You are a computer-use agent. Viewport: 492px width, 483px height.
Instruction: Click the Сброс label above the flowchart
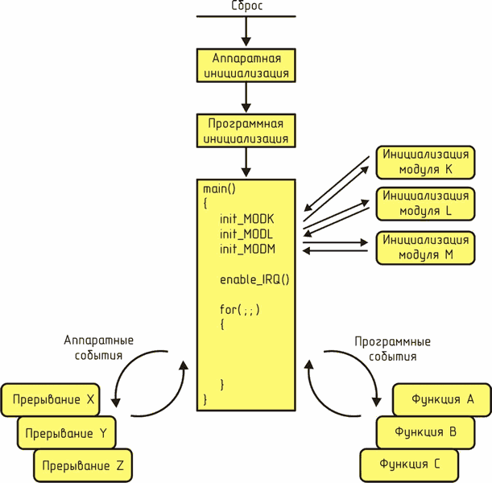[246, 6]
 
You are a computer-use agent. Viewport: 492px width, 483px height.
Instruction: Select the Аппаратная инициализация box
[246, 65]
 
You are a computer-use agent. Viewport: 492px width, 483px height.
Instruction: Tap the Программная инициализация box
[246, 130]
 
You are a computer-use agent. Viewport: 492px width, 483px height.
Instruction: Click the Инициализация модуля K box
[425, 163]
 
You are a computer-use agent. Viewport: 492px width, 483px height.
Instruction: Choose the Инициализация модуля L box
[425, 204]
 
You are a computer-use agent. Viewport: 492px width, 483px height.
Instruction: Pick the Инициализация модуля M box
[425, 248]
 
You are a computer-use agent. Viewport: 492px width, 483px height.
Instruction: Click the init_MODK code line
[246, 219]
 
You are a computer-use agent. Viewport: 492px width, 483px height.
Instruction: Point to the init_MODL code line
[246, 234]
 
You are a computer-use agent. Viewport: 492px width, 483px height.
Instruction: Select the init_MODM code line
[247, 249]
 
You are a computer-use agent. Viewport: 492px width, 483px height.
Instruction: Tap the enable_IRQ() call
[254, 279]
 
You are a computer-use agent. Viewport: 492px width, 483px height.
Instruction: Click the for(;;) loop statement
[240, 310]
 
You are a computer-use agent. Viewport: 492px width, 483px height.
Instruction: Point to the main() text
[219, 189]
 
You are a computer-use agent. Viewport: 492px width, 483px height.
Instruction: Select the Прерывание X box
[51, 400]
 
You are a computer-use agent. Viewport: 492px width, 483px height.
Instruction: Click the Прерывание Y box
[67, 433]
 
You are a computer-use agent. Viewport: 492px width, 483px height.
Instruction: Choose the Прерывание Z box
[83, 465]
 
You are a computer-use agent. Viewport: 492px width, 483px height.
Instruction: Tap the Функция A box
[442, 399]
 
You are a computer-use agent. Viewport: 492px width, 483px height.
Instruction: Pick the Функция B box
[425, 432]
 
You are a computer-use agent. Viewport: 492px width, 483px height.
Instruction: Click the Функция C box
[409, 465]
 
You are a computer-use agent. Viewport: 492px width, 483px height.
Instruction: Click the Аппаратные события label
[98, 348]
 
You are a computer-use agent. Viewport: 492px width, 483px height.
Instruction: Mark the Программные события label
[392, 349]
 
